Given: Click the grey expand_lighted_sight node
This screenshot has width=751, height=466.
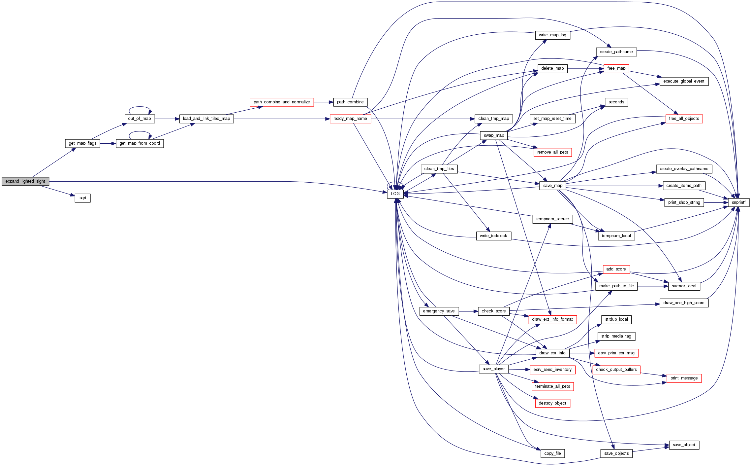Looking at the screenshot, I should (x=25, y=181).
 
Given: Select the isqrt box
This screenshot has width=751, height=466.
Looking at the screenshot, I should (x=82, y=198).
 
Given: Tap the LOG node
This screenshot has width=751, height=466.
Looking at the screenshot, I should (x=395, y=194).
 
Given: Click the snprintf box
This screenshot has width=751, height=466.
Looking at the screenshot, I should (x=738, y=202).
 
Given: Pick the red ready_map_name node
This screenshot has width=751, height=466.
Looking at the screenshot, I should (x=350, y=119).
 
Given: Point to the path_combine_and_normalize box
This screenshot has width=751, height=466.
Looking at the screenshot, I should (x=282, y=102).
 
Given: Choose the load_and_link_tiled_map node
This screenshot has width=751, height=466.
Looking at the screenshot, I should (x=206, y=119).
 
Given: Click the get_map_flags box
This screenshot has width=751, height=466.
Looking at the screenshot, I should (x=82, y=143).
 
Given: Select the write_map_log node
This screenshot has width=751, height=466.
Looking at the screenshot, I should (x=552, y=35).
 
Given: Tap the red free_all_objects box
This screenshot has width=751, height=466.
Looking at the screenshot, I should (x=684, y=119).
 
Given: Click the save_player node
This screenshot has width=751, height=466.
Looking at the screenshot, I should (x=493, y=369).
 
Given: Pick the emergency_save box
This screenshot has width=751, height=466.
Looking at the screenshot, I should (x=439, y=311).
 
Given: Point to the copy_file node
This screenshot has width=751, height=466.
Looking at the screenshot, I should (x=552, y=453).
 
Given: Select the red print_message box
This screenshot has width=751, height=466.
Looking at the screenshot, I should (x=684, y=378).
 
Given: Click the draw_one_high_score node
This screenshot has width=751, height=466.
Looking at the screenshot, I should (x=684, y=303).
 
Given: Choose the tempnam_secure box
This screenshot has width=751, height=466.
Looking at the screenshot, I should (x=552, y=219).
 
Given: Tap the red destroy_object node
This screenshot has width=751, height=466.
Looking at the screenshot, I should (x=552, y=403).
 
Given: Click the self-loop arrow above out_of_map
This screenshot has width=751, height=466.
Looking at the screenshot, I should (x=140, y=107).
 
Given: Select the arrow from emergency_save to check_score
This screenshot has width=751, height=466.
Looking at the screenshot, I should (x=468, y=311).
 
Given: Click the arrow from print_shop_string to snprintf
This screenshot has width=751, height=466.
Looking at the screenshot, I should (x=716, y=202).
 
